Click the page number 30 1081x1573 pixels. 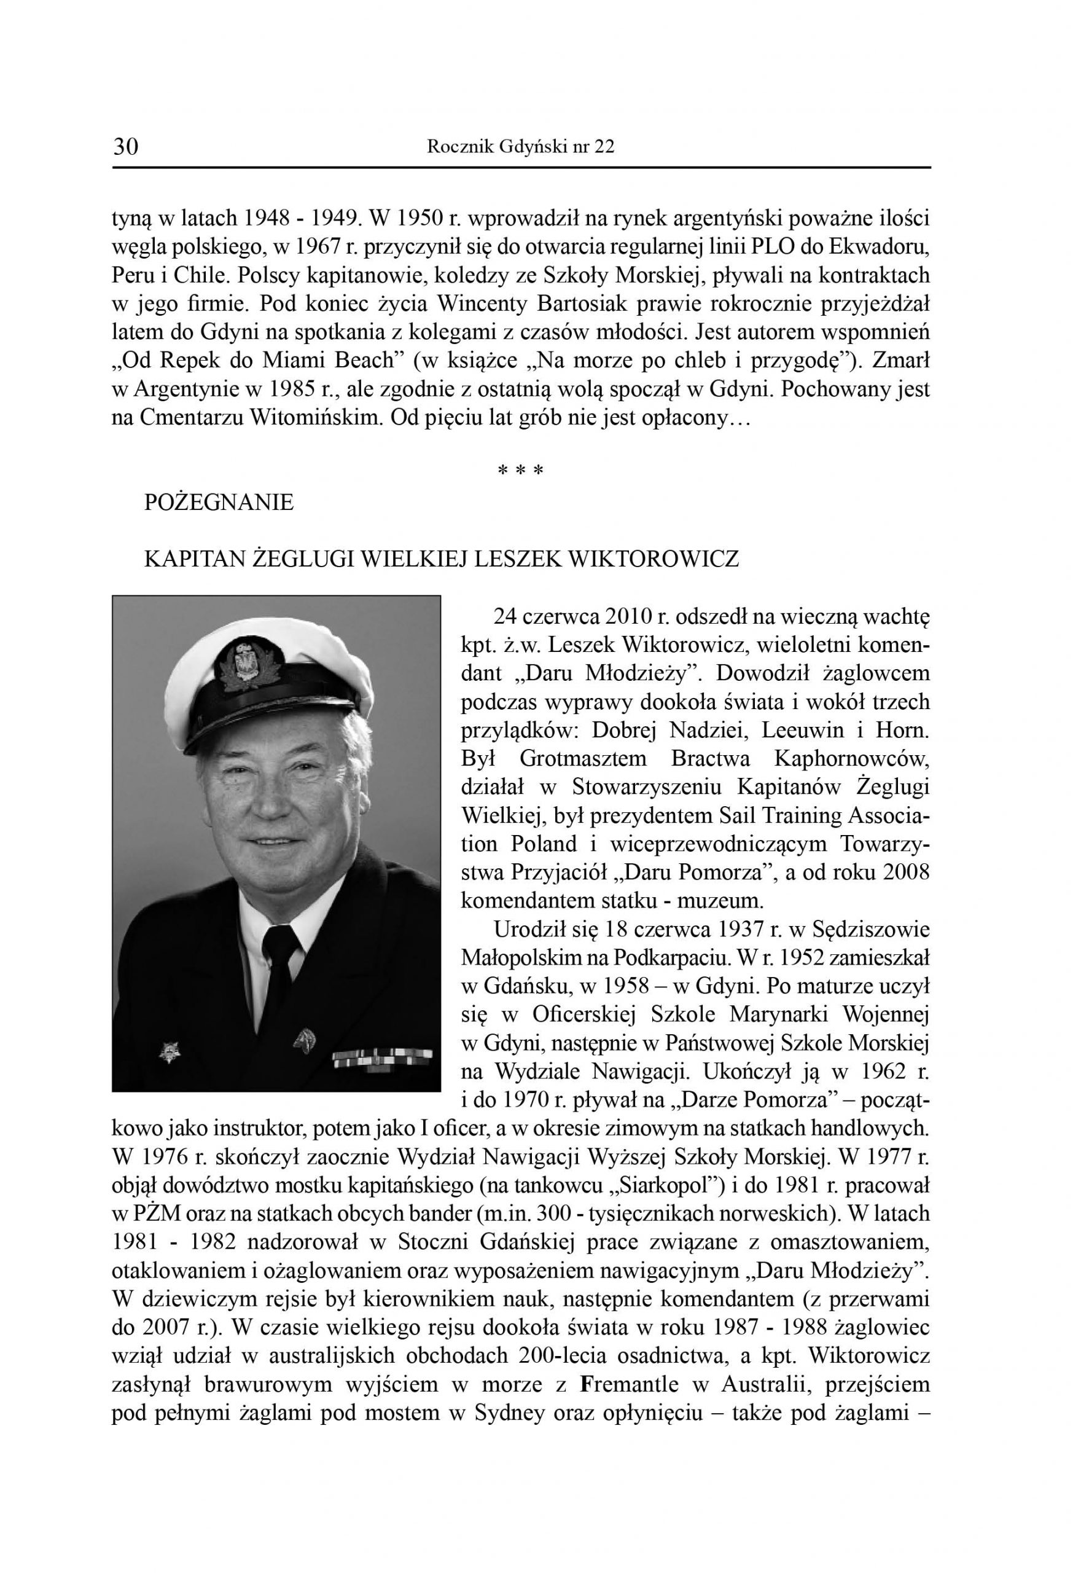click(x=126, y=146)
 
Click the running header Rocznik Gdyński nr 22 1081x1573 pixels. click(x=521, y=147)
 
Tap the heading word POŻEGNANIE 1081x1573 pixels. click(x=219, y=503)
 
